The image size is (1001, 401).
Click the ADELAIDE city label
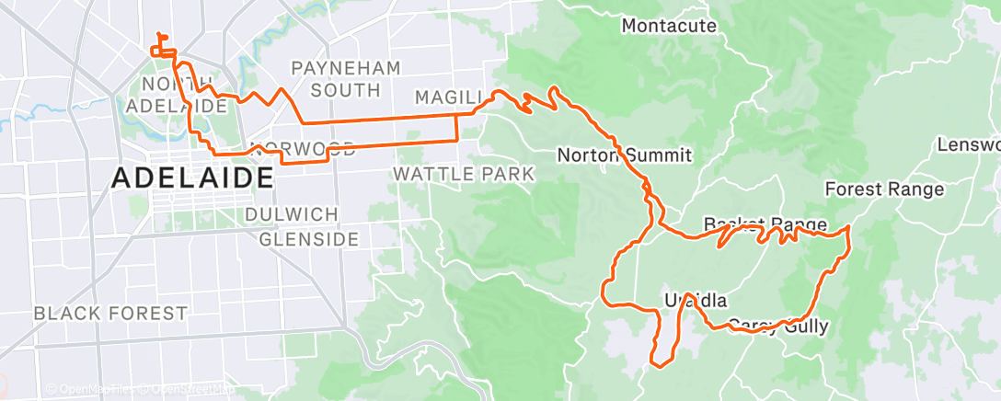tap(192, 178)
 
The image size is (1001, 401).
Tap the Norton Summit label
tap(625, 155)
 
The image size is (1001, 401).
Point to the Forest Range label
tap(884, 189)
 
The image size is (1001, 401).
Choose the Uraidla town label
tap(696, 301)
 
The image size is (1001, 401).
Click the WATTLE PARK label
tap(464, 174)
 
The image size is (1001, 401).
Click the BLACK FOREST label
tap(110, 314)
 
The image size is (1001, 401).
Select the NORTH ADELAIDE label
tap(185, 96)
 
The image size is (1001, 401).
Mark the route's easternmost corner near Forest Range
tap(847, 226)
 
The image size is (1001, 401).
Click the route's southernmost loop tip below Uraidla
tap(661, 365)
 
